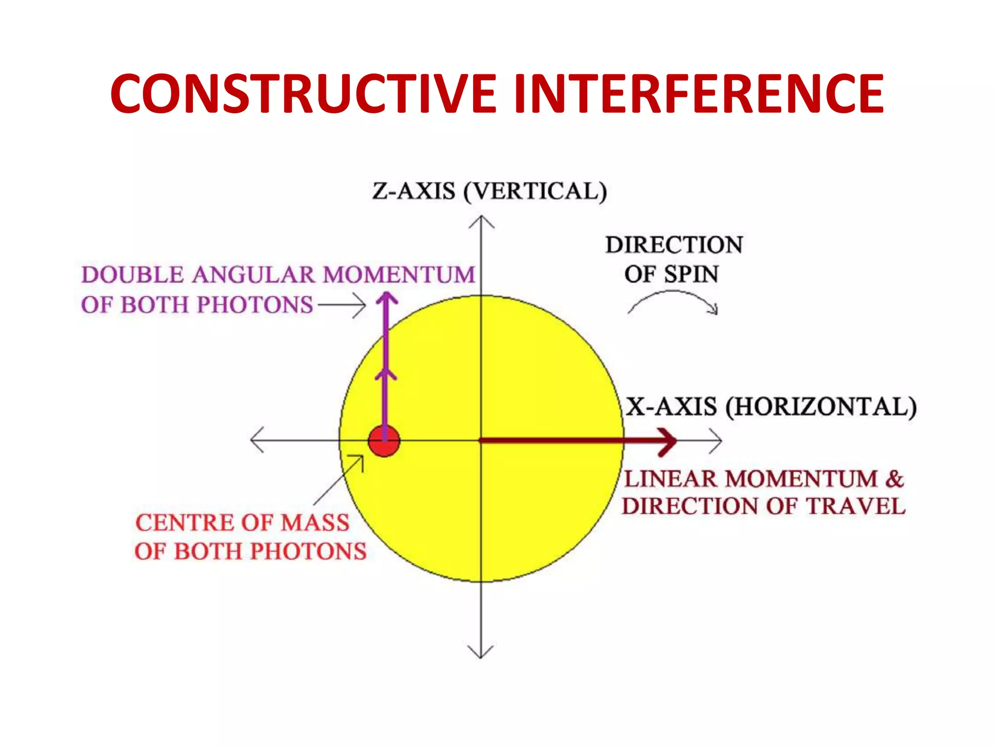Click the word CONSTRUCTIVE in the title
(x=303, y=94)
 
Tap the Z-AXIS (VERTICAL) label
(x=489, y=191)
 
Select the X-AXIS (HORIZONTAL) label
(x=771, y=407)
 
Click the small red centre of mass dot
(x=384, y=441)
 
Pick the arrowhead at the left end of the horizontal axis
(x=255, y=440)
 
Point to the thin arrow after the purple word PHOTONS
(x=342, y=305)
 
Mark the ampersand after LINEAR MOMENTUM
(x=894, y=479)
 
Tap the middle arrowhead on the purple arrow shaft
(x=386, y=374)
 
